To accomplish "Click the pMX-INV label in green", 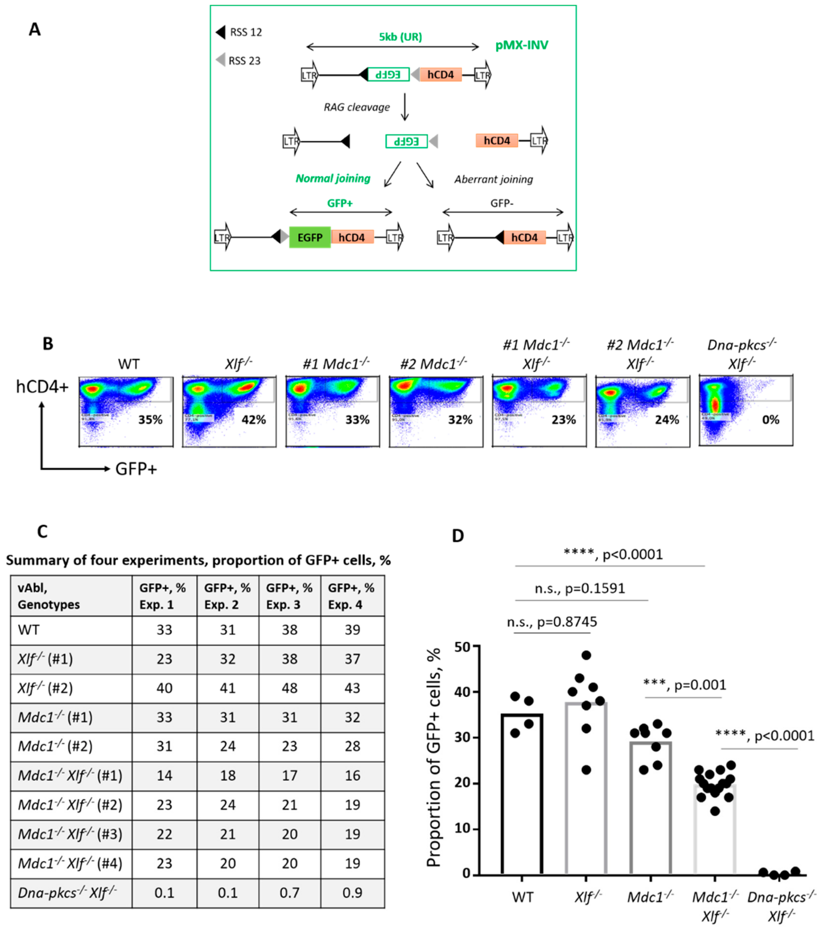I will [521, 45].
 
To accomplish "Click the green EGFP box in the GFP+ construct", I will [310, 237].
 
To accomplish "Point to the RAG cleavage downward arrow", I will [404, 107].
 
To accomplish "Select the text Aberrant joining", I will [493, 179].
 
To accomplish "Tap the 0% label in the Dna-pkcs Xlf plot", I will [770, 419].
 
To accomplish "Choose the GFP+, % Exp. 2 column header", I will [227, 596].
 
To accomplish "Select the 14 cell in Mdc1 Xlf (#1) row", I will [164, 775].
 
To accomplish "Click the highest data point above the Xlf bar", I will [586, 655].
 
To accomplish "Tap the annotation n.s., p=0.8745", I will [552, 622].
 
